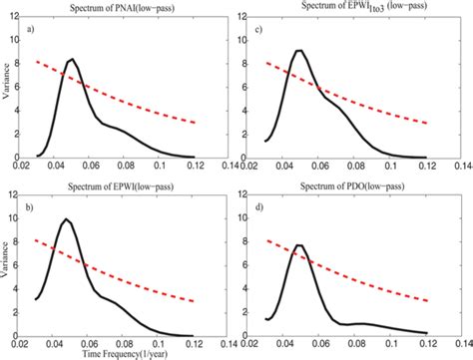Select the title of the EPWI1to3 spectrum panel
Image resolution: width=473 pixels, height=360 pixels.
pos(352,8)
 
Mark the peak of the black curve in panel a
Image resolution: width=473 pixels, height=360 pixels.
pos(71,60)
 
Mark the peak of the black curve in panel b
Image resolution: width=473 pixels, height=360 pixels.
pos(66,218)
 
